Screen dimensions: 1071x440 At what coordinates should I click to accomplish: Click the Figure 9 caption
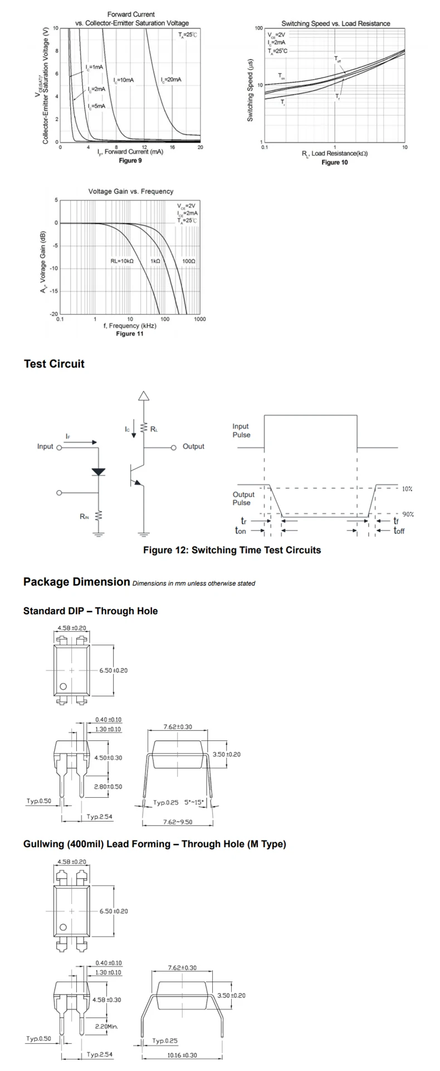coord(130,160)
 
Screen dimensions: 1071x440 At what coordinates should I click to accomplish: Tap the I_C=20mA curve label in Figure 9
coord(170,80)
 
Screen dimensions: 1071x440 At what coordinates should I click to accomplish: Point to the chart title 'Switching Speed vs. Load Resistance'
coord(335,23)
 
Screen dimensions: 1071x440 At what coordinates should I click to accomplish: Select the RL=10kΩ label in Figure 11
coord(122,261)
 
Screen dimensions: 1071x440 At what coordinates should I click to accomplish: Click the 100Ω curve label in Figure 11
coord(188,261)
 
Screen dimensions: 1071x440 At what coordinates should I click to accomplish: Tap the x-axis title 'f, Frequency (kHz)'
coord(130,326)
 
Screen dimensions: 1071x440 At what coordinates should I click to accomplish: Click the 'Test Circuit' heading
coord(54,364)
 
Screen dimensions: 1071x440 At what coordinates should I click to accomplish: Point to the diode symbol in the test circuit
coord(99,471)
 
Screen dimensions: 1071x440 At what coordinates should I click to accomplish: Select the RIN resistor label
coord(84,517)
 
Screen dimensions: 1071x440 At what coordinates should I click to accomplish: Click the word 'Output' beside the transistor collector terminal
coord(193,446)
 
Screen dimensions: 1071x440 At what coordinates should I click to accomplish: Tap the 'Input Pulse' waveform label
coord(241,430)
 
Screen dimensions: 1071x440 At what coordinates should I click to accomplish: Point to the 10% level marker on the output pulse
coord(407,489)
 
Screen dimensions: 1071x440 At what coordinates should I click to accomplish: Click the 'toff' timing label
coord(399,531)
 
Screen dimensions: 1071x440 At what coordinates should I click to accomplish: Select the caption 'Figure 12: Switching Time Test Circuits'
coord(232,550)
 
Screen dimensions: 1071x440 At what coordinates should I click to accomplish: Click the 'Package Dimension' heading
coord(76,582)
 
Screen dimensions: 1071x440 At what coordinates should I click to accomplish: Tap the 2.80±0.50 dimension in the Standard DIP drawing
coord(107,787)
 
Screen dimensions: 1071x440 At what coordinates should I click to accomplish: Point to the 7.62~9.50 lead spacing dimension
coord(178,822)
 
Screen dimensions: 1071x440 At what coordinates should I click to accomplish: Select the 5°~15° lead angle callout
coord(194,802)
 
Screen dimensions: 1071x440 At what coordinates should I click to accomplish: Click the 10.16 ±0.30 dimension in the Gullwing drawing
coord(182,1055)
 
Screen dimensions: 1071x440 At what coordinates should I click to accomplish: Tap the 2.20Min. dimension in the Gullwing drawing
coord(106,1026)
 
